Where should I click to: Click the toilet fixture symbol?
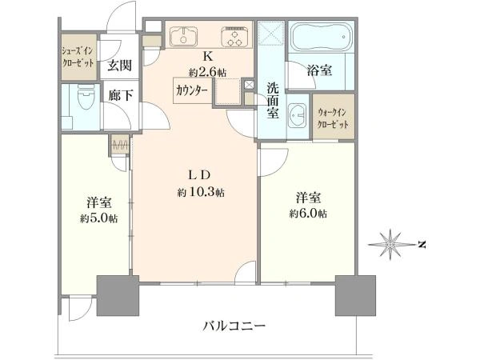86,97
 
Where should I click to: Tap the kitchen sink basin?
184,37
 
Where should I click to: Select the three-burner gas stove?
234,37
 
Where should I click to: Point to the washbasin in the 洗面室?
298,116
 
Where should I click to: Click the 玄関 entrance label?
119,66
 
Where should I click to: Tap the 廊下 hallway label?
121,95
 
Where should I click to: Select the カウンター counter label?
192,90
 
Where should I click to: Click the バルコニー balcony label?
234,326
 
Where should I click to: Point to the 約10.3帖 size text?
201,193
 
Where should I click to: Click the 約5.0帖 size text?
99,218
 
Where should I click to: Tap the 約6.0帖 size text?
308,213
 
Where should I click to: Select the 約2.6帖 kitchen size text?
207,73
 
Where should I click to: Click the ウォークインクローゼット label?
333,118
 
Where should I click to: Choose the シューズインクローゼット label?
78,58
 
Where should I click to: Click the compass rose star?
390,245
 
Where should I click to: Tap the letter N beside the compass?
422,245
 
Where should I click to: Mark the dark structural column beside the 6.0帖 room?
355,295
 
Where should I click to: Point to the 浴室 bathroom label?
319,70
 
